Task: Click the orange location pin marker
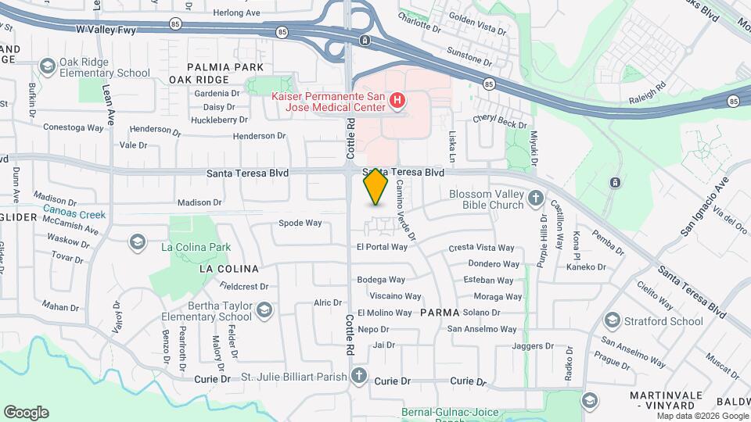[x=375, y=186]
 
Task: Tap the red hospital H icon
[x=397, y=100]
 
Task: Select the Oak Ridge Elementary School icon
[x=47, y=66]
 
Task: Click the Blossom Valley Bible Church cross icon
[x=536, y=198]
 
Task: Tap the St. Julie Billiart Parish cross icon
[x=359, y=376]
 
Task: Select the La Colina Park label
[x=196, y=247]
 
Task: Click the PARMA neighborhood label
[x=440, y=313]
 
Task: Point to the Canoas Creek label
[x=74, y=214]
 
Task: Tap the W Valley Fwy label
[x=106, y=29]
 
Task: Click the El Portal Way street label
[x=382, y=247]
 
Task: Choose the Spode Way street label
[x=300, y=223]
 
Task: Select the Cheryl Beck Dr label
[x=500, y=123]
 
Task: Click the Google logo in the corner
[x=26, y=413]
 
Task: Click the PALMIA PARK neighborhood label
[x=214, y=67]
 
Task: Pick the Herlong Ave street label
[x=235, y=13]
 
